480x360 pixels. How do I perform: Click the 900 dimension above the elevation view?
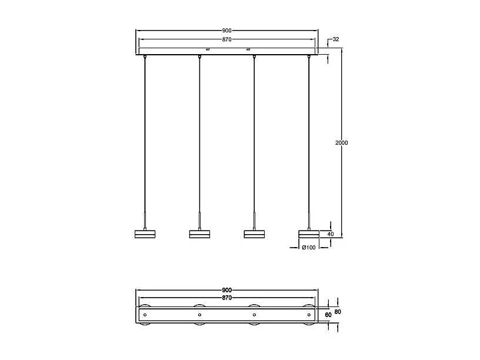coord(226,30)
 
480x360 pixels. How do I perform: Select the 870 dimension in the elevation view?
coord(226,39)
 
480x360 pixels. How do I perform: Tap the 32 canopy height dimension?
coord(336,39)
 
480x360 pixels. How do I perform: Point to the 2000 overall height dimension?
coord(341,143)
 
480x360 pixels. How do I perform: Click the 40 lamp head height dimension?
coord(330,234)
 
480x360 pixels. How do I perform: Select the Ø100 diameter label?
coord(309,248)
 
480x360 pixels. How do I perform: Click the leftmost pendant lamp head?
coord(145,234)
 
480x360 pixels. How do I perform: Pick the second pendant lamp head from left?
coord(199,234)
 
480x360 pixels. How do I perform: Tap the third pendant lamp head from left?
coord(254,234)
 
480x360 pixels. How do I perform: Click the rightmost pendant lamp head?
coord(308,234)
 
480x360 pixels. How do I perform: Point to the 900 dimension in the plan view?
coord(226,290)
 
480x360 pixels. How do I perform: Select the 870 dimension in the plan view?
coord(226,298)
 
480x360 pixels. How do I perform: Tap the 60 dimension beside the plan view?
coord(328,315)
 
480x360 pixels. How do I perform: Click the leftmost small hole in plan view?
coord(145,315)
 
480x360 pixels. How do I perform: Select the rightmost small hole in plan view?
coord(308,315)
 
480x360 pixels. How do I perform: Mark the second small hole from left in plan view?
coord(199,315)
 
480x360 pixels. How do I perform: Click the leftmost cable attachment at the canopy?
coord(145,57)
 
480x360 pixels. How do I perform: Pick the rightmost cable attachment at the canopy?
coord(308,57)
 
